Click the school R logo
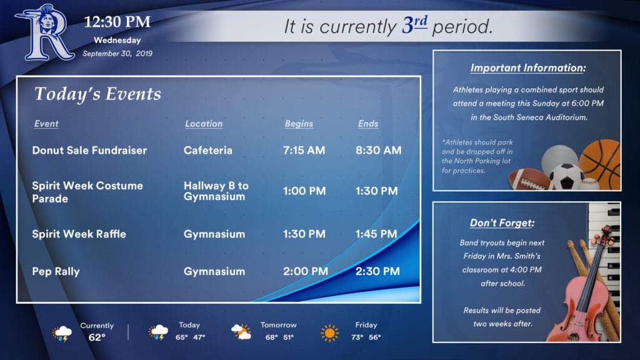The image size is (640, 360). pos(44,32)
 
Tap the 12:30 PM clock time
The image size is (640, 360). pos(117,22)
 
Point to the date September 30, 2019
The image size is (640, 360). pos(117,54)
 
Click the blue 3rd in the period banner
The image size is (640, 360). pos(415,25)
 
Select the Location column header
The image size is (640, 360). pos(204,124)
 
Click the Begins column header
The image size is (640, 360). pos(299,124)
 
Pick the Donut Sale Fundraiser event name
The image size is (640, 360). pos(89,150)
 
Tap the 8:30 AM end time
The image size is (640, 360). pos(378,150)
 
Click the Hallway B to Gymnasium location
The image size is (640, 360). pos(216,191)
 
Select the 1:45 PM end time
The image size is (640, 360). pos(376,234)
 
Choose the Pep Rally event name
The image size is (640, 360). pos(56,272)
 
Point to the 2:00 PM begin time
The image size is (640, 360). pos(306,271)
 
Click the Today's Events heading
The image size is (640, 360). pos(97,94)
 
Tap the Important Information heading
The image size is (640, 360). pos(527,67)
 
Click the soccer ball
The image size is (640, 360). pos(566,176)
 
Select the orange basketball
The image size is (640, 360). pos(600,164)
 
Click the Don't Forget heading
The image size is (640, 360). pos(502,223)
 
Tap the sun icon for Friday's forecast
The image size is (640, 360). pos(330,333)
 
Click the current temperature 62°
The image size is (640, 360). pos(97,337)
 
